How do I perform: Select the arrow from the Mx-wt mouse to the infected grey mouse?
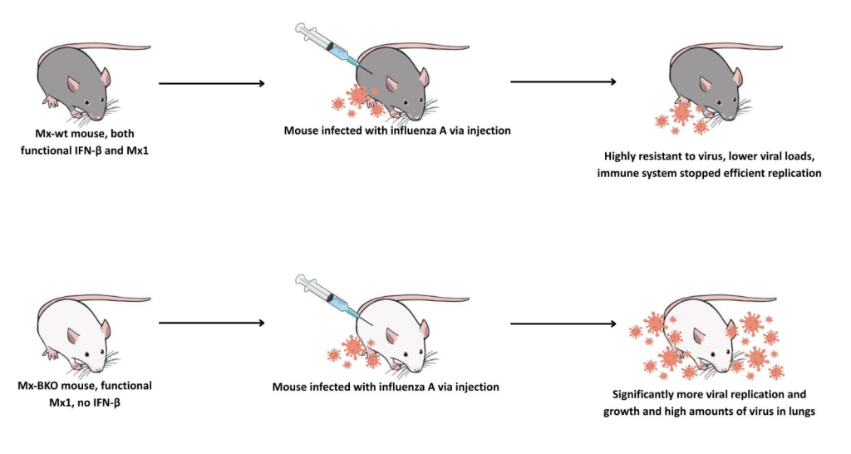(x=211, y=83)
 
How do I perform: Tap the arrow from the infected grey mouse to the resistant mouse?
(x=563, y=81)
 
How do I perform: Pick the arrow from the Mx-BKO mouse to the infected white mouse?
(x=211, y=323)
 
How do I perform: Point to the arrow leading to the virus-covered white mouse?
(x=563, y=323)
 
